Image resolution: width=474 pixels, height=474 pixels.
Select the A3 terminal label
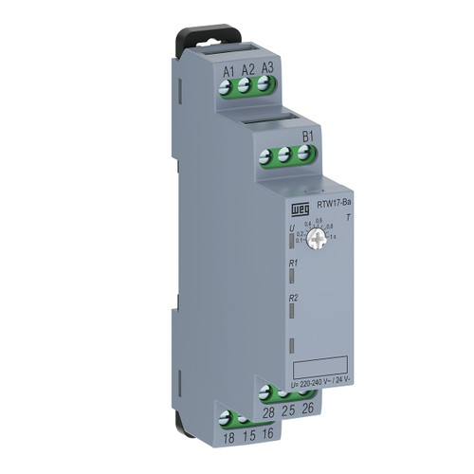tap(267, 67)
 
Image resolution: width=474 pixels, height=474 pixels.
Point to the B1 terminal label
tap(307, 136)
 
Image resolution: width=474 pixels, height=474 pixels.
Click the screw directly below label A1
tap(228, 86)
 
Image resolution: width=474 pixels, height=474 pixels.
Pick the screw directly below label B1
tap(305, 154)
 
